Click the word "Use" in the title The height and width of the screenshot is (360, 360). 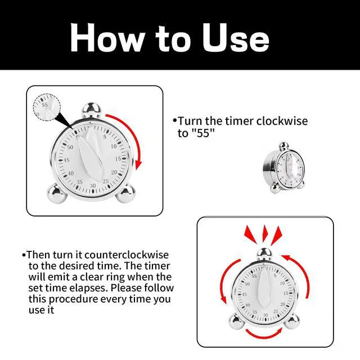[236, 38]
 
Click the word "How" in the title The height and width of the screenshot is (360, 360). [107, 38]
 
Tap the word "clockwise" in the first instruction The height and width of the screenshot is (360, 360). [282, 121]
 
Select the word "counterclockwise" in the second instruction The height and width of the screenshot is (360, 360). [127, 255]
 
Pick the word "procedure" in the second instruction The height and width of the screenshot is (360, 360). [73, 300]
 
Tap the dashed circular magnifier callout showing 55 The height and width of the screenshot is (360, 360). [47, 107]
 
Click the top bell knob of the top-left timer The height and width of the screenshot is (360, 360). [91, 110]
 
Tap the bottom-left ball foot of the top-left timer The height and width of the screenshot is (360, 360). [57, 193]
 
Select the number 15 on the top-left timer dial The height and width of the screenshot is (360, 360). [118, 159]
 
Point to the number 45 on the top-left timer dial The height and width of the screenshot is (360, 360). [66, 160]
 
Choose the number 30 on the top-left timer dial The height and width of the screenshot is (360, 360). [93, 186]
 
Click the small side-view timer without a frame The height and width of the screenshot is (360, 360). [284, 168]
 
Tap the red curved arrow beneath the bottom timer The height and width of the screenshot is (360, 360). [264, 336]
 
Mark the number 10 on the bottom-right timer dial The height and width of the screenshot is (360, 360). [282, 283]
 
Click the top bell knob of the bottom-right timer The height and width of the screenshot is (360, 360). [264, 254]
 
